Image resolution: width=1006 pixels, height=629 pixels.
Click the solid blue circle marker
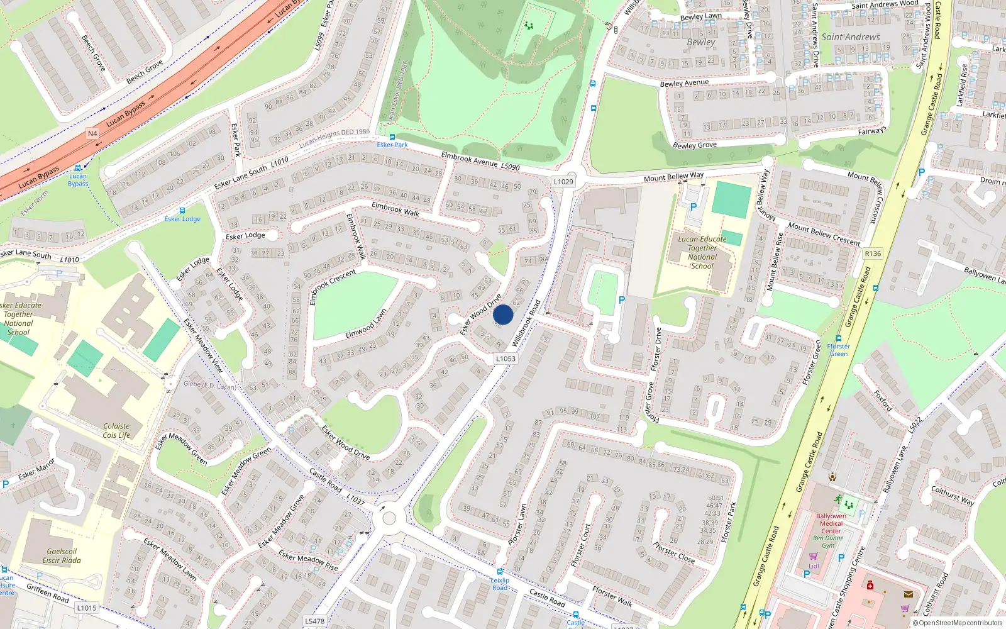[503, 314]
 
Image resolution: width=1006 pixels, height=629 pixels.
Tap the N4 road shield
[92, 133]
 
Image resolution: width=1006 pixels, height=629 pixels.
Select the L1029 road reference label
[563, 182]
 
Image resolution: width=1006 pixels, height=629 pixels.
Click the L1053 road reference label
[506, 359]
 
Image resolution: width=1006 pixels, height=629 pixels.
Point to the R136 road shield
[873, 253]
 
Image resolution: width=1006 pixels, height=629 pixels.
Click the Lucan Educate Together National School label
[702, 252]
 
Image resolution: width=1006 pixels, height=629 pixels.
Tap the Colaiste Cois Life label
[116, 430]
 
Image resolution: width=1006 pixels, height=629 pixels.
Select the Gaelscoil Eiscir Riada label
[62, 556]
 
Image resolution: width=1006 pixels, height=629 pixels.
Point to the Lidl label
[814, 565]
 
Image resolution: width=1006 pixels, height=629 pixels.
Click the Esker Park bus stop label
[392, 145]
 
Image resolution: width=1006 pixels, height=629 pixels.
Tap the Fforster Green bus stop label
[838, 350]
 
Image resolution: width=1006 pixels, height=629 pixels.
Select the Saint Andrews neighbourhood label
[850, 37]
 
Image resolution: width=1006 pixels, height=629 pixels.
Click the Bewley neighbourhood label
[700, 42]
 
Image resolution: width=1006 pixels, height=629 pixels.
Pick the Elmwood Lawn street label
[366, 324]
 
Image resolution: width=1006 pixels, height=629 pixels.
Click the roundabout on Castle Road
[389, 518]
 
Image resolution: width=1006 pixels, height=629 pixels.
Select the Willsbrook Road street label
[526, 323]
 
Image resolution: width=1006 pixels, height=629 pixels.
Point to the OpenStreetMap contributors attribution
[958, 623]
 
